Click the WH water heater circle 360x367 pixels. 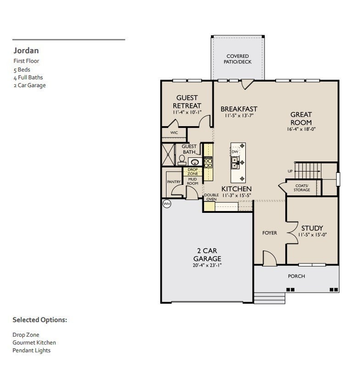pos(167,204)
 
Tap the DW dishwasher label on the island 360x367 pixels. pos(235,152)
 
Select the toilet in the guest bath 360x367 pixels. pos(182,160)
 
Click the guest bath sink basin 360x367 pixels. pos(195,162)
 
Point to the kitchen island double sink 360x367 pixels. pos(235,163)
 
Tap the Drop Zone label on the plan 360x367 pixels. pos(193,172)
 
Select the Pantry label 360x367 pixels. pos(174,182)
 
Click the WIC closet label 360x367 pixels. pos(174,133)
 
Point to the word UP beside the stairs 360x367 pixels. pos(290,171)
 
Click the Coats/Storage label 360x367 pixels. pos(302,188)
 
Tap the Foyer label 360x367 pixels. pos(270,233)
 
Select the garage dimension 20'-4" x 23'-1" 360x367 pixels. pos(207,265)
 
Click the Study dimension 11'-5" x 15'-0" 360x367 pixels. pos(312,234)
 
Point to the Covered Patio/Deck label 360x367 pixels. pos(238,59)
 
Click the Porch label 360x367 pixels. pos(296,276)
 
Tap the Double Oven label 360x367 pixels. pos(211,197)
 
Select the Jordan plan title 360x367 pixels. pos(26,50)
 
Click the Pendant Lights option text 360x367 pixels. pos(32,350)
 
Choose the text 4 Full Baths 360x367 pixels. pos(28,78)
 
